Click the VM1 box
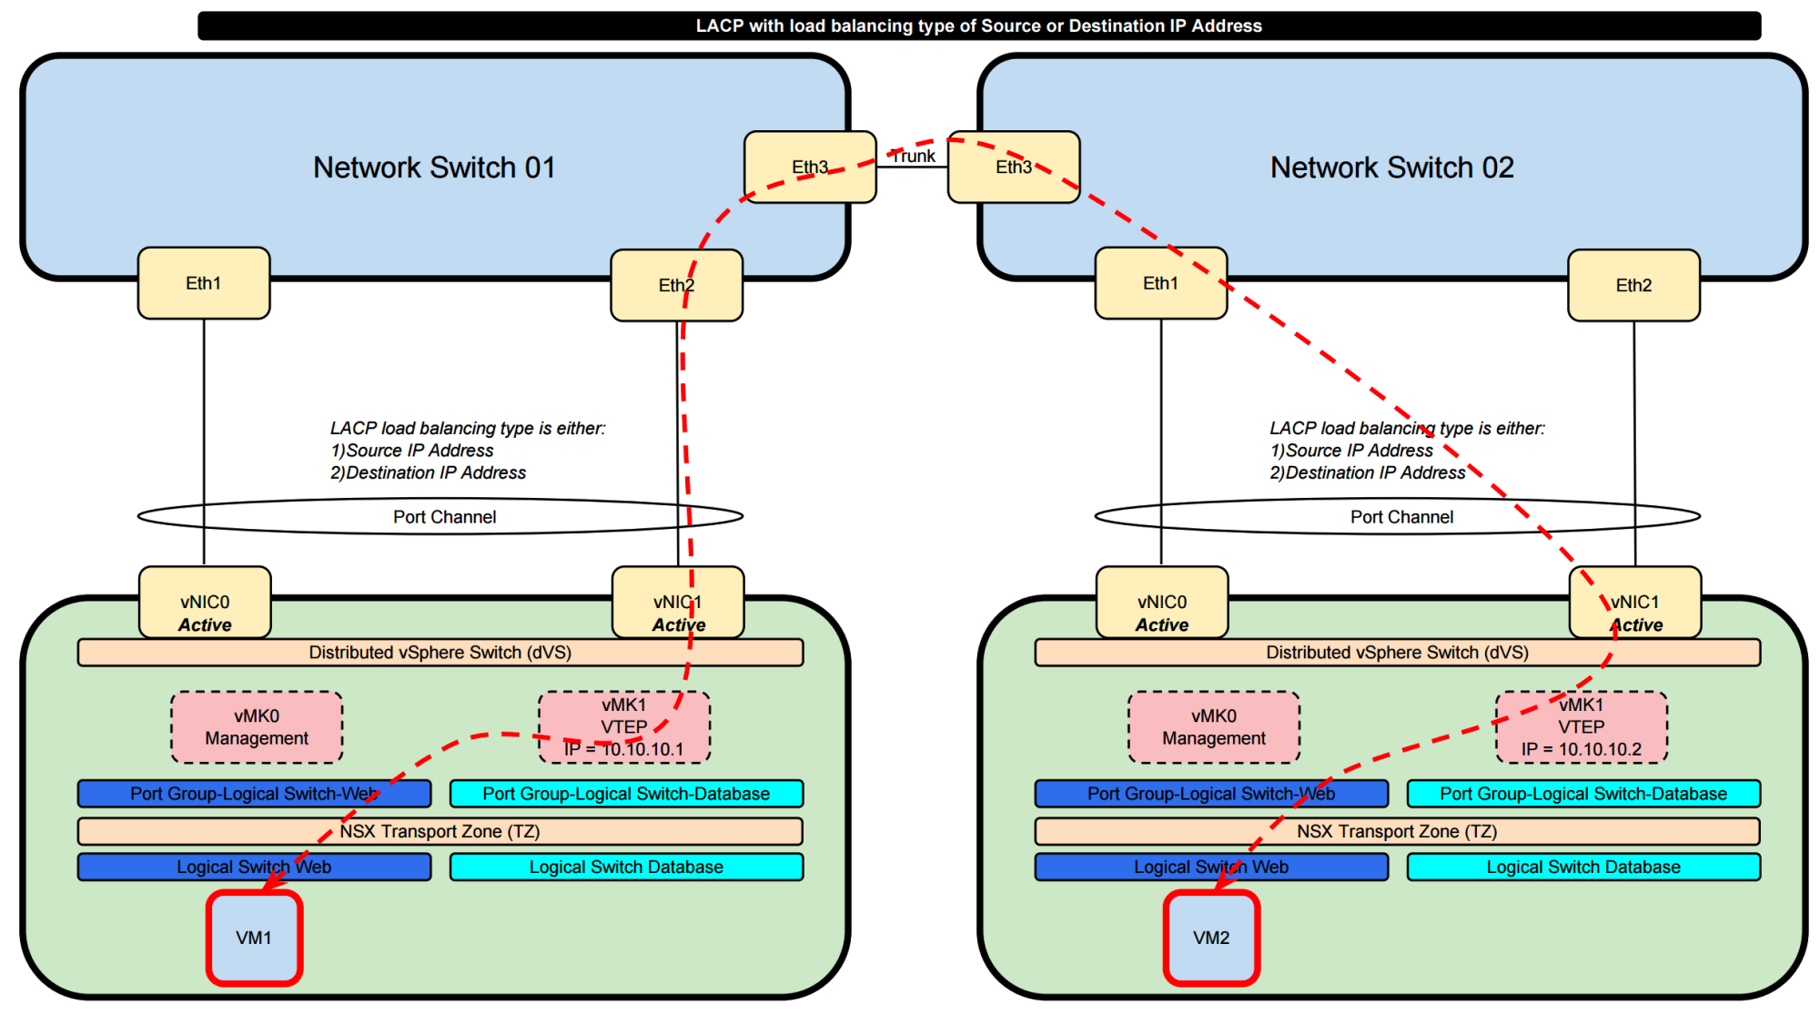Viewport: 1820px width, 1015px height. [254, 938]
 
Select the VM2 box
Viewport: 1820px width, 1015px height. [1211, 938]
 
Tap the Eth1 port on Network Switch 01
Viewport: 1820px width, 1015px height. [204, 283]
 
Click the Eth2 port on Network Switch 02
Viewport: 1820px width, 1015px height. [1633, 285]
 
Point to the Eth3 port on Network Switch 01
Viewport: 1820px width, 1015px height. [810, 167]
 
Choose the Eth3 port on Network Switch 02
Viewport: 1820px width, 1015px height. [1014, 167]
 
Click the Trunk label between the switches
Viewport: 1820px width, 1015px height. [913, 157]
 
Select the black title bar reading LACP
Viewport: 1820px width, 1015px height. [978, 25]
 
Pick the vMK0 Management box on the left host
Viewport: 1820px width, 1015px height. [257, 727]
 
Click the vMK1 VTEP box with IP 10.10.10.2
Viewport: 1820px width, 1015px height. [1582, 727]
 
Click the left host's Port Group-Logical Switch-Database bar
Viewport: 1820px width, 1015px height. [626, 794]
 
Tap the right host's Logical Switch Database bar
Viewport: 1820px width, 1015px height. [1583, 867]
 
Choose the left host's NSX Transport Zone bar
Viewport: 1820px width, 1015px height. [440, 831]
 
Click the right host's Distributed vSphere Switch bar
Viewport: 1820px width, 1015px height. [1398, 653]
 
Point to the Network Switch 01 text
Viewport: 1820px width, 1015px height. [434, 167]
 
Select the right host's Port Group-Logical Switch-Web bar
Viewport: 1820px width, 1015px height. [1211, 794]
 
